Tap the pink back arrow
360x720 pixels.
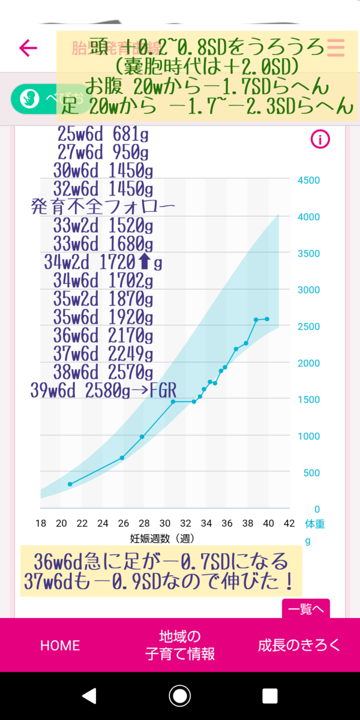28,47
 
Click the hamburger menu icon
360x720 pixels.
335,47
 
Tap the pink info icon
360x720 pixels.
320,140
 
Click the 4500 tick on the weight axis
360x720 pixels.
309,180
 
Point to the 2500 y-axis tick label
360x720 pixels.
309,326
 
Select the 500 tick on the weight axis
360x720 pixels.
311,473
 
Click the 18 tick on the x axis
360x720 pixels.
41,523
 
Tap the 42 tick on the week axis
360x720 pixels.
289,523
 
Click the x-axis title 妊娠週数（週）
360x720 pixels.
162,538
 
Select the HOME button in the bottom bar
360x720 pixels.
59,645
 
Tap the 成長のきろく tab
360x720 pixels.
299,645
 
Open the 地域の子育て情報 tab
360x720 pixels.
180,645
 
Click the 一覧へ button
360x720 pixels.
305,609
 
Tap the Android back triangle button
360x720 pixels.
89,695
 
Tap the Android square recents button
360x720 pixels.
270,695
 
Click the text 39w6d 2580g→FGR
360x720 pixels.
103,391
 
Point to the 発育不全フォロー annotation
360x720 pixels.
103,208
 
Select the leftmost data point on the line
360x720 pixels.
70,484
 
